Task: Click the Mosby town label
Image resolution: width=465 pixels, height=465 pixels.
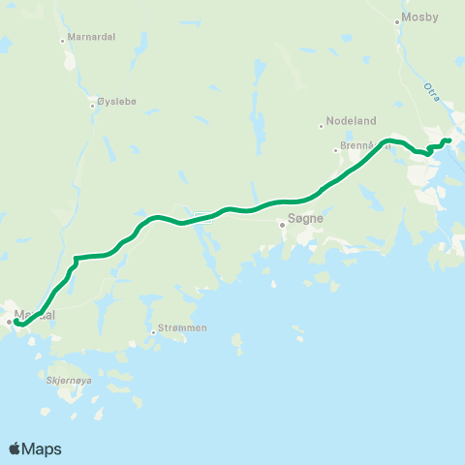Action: click(x=420, y=17)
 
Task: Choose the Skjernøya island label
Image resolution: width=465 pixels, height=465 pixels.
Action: click(x=68, y=381)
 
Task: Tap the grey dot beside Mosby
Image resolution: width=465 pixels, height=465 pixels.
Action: click(x=397, y=21)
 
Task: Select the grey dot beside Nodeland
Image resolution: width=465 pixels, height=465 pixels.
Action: click(x=321, y=126)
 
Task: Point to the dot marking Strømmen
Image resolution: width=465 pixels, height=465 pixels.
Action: click(x=153, y=333)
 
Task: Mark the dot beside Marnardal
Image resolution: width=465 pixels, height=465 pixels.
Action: click(x=63, y=41)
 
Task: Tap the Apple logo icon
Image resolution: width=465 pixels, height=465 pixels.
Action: click(x=15, y=449)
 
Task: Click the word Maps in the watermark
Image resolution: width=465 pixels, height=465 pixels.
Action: click(x=43, y=449)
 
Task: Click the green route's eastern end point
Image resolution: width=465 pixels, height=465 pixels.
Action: click(x=449, y=141)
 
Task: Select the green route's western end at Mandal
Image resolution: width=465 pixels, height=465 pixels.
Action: click(x=16, y=323)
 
